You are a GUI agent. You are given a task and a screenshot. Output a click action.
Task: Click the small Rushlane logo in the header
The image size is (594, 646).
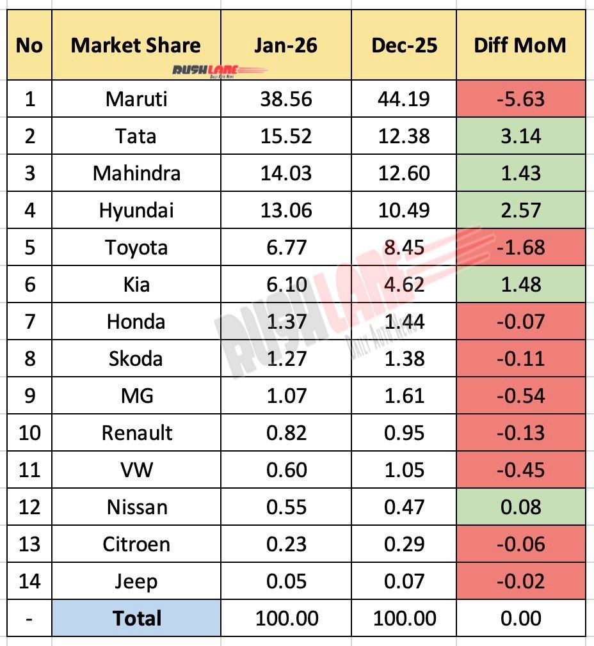click(x=197, y=70)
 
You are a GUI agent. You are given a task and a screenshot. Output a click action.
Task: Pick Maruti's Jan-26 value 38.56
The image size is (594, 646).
click(x=286, y=99)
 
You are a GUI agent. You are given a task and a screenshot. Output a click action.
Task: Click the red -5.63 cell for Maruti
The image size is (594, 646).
click(x=520, y=99)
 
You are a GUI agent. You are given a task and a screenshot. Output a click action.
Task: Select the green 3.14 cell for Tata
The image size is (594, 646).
click(x=520, y=136)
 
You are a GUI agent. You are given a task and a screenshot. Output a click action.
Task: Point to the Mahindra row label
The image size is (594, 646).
click(x=136, y=173)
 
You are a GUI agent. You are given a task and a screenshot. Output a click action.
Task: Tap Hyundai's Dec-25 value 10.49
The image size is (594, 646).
click(x=404, y=210)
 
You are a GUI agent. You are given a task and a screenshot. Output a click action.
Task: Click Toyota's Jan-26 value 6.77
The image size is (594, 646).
click(x=286, y=247)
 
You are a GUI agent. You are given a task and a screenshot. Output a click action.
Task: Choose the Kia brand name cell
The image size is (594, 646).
click(x=136, y=284)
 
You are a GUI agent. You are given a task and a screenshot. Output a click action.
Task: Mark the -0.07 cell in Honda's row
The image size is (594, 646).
click(x=520, y=321)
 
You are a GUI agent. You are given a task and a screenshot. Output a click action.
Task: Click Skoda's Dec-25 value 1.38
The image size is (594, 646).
click(x=404, y=358)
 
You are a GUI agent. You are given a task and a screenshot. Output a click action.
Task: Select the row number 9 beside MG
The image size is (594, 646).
click(x=29, y=395)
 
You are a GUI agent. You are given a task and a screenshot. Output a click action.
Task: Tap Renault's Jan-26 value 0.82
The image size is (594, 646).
click(x=286, y=432)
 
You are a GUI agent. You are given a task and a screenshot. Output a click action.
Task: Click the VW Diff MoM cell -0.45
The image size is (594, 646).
click(x=520, y=469)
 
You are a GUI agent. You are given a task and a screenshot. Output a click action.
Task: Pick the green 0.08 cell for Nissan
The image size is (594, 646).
click(x=520, y=507)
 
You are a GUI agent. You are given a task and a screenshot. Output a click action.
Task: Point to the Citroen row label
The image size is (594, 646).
click(x=136, y=544)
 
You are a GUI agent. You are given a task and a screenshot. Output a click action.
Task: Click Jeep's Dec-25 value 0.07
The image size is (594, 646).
click(x=404, y=581)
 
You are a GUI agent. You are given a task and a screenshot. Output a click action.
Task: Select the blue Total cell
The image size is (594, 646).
click(x=136, y=618)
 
